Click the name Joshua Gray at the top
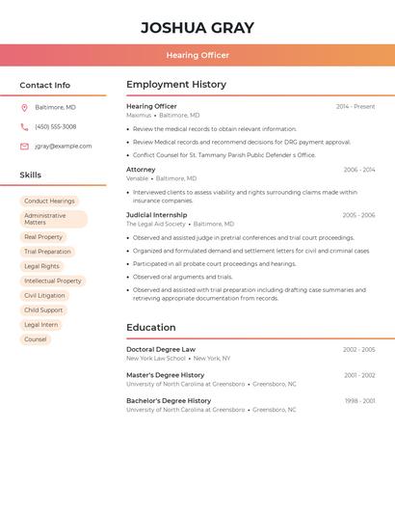[x=197, y=28]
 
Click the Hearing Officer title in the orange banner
[x=197, y=55]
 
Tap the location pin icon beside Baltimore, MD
[x=24, y=107]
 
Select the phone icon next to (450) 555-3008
[x=24, y=126]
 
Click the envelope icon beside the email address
[x=24, y=147]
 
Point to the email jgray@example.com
[x=64, y=147]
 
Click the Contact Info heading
[x=45, y=85]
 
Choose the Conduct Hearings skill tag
[x=49, y=202]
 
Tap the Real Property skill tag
[x=43, y=236]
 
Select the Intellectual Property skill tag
[x=53, y=281]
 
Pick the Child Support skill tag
[x=43, y=310]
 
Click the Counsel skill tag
[x=36, y=339]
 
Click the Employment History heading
[x=176, y=85]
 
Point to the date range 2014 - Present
[x=355, y=107]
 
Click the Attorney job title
[x=141, y=170]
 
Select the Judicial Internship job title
[x=156, y=215]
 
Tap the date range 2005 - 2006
[x=358, y=215]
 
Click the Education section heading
[x=151, y=328]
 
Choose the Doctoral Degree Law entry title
[x=161, y=350]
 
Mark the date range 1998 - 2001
[x=359, y=401]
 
